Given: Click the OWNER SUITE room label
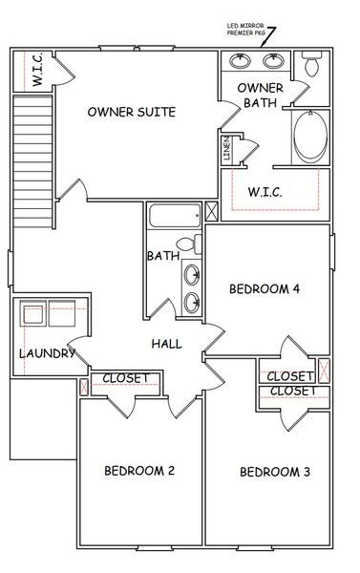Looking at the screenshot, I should (x=131, y=112).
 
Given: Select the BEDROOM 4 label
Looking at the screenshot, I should (x=264, y=290).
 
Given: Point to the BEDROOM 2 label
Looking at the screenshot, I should (x=138, y=471).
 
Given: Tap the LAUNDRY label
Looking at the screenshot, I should (x=47, y=354).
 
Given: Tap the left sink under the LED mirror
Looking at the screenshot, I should (x=240, y=62).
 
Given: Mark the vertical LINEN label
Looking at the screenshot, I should (x=226, y=151).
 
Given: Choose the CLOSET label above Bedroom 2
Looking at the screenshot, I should (x=125, y=378).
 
